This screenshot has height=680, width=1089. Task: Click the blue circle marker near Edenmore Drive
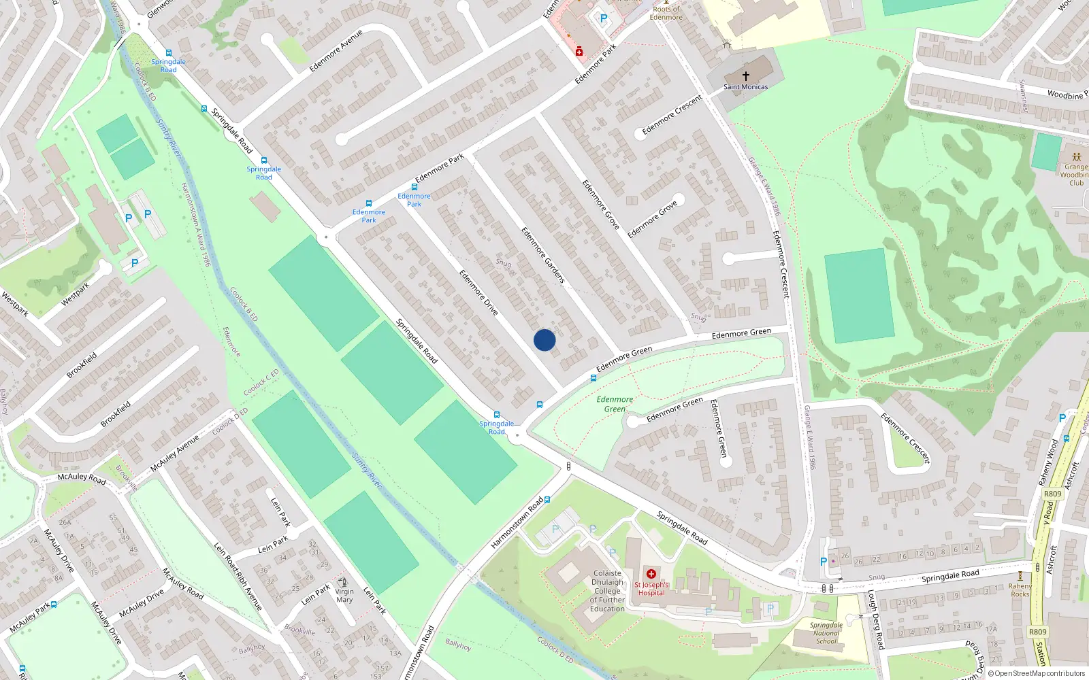tap(544, 340)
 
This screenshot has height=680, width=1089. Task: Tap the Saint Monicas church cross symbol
tap(746, 76)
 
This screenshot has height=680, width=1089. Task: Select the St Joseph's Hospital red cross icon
tap(651, 574)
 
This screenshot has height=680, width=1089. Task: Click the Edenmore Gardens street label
tap(543, 255)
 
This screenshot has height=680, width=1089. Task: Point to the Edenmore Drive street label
tap(478, 292)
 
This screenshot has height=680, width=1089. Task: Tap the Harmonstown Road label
tap(517, 523)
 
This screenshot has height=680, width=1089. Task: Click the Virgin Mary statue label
tap(344, 596)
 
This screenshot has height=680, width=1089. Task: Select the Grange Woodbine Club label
tap(1075, 175)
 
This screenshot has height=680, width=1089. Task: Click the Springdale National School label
tap(826, 633)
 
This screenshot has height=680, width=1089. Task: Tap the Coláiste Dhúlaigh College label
tap(607, 591)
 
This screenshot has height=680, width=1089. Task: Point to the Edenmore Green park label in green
tap(615, 404)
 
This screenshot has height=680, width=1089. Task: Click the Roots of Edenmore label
tap(666, 13)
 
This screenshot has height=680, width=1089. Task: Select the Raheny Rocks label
tap(1020, 590)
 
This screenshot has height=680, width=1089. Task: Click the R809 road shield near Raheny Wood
tap(1052, 494)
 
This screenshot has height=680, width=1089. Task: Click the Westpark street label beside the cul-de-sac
tap(75, 294)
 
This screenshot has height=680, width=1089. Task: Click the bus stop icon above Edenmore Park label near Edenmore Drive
tap(414, 187)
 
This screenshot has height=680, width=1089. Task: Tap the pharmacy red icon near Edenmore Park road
tap(579, 51)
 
